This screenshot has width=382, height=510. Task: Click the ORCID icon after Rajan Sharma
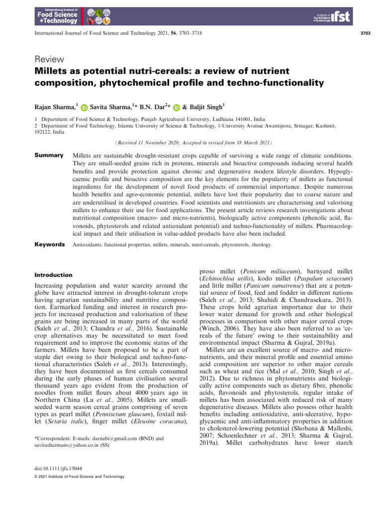84,107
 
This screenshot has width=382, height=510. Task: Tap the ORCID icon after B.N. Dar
176,107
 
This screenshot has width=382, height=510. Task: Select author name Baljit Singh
205,106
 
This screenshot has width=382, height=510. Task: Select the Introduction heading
53,274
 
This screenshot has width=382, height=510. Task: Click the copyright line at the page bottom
79,476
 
